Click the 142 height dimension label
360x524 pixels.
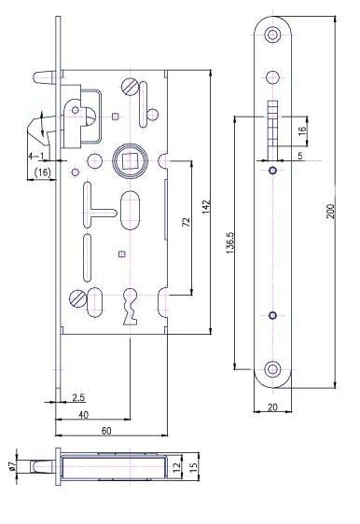pyautogui.click(x=206, y=207)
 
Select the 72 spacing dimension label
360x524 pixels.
pyautogui.click(x=187, y=222)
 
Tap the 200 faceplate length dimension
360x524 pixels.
pyautogui.click(x=330, y=211)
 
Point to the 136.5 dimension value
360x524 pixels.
pyautogui.click(x=230, y=242)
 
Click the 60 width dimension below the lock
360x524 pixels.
pyautogui.click(x=106, y=431)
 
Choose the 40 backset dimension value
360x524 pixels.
pyautogui.click(x=84, y=415)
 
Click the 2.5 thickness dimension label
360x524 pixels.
pyautogui.click(x=78, y=398)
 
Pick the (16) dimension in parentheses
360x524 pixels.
pyautogui.click(x=43, y=172)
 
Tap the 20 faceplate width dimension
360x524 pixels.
pyautogui.click(x=272, y=407)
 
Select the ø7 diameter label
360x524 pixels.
pyautogui.click(x=12, y=465)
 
